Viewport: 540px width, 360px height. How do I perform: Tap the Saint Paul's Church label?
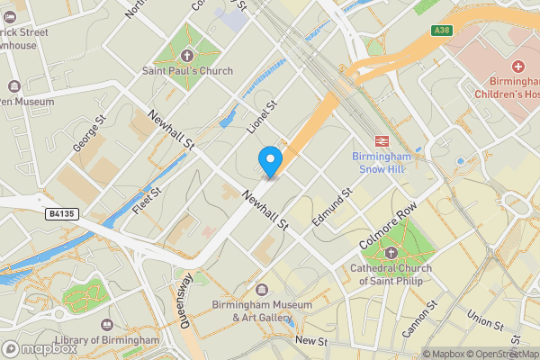[186, 71]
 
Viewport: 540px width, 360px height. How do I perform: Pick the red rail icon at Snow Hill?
[381, 139]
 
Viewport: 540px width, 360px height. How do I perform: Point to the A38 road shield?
[441, 31]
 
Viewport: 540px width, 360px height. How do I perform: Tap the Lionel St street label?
[262, 120]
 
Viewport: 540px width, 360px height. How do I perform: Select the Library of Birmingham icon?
[107, 324]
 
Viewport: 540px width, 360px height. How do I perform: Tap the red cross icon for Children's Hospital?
[517, 67]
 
